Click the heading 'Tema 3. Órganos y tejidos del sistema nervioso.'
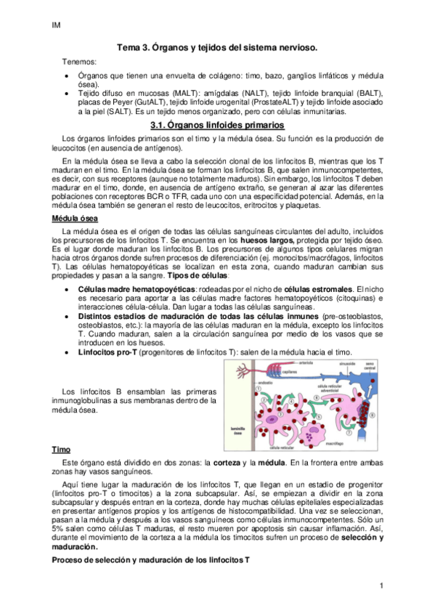point(218,48)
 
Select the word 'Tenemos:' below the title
point(78,62)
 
